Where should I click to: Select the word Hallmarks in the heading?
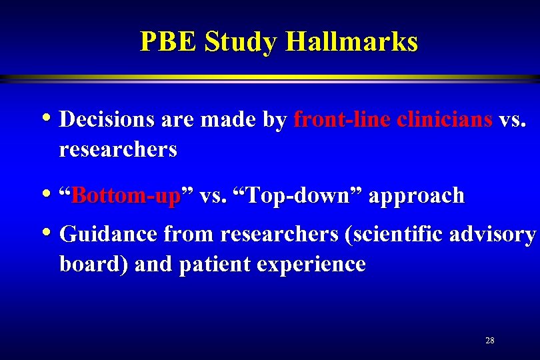(x=352, y=41)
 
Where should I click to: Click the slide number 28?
(x=490, y=341)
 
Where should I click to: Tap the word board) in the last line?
(x=93, y=265)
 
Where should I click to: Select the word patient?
(x=217, y=265)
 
